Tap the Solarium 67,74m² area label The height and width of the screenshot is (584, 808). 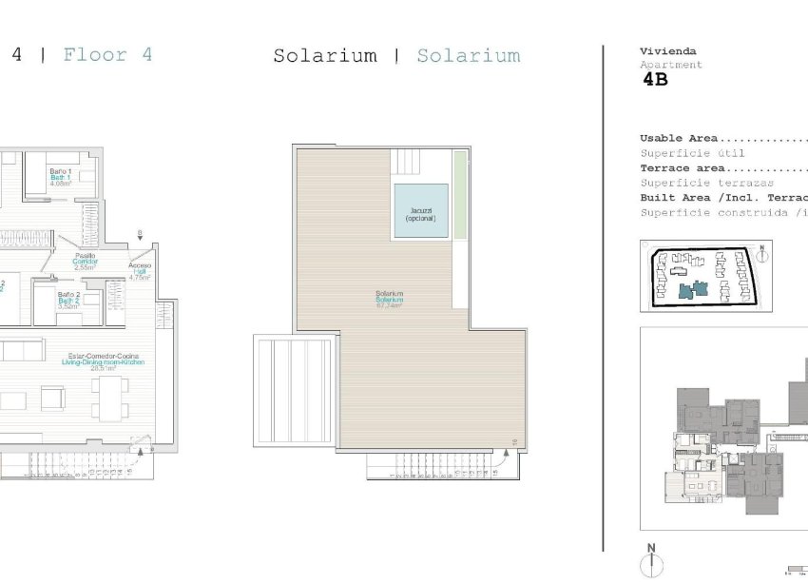tap(389, 300)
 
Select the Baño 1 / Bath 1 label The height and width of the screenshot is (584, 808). tap(60, 176)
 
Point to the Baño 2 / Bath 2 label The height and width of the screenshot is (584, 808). tap(67, 300)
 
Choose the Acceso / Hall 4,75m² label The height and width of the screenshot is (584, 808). tap(140, 272)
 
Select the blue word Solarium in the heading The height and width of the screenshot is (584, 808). tap(469, 56)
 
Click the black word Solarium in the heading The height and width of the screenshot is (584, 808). tap(324, 56)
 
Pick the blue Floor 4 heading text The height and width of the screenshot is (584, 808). tap(107, 54)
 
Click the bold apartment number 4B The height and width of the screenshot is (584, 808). tap(656, 80)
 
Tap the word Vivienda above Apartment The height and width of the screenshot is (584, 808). tap(668, 51)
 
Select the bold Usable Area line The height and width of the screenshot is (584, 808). tap(679, 138)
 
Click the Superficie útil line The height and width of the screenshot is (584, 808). tap(692, 153)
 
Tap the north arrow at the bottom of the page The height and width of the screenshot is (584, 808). tap(651, 563)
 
